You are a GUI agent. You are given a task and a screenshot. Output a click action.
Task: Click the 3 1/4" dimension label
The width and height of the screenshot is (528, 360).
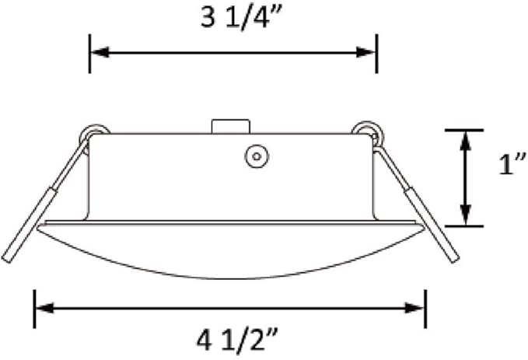[239, 18]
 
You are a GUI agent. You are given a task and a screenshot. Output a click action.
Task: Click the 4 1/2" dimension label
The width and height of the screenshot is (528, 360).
[237, 341]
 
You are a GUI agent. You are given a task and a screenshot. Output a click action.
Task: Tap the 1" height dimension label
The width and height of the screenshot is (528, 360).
[512, 164]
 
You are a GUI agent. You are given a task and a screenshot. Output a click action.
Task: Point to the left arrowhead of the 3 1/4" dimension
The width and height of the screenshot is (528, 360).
[100, 53]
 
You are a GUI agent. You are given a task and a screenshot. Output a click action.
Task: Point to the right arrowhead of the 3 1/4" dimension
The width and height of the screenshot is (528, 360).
[366, 53]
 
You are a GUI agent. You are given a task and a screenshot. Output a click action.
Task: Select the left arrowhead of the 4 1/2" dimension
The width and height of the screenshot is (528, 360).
[45, 308]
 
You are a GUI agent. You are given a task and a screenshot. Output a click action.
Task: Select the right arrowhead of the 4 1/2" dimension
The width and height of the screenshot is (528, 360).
[414, 308]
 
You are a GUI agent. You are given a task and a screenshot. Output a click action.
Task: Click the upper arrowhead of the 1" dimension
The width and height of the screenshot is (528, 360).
[465, 141]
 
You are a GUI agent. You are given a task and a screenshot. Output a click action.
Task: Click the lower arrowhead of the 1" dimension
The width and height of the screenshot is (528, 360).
[465, 215]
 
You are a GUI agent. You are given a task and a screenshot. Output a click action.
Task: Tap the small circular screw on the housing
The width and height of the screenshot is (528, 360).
[257, 156]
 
